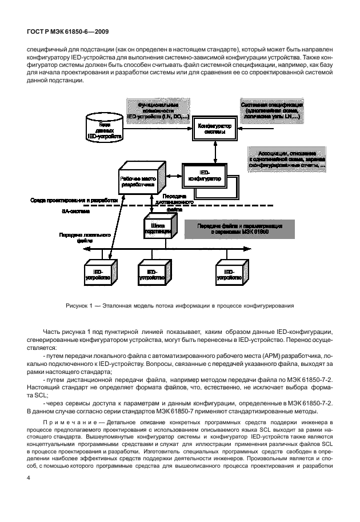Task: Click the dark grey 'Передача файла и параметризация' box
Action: click(239, 230)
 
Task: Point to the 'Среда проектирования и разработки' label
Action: click(75, 201)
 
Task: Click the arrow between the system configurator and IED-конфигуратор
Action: click(214, 151)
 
